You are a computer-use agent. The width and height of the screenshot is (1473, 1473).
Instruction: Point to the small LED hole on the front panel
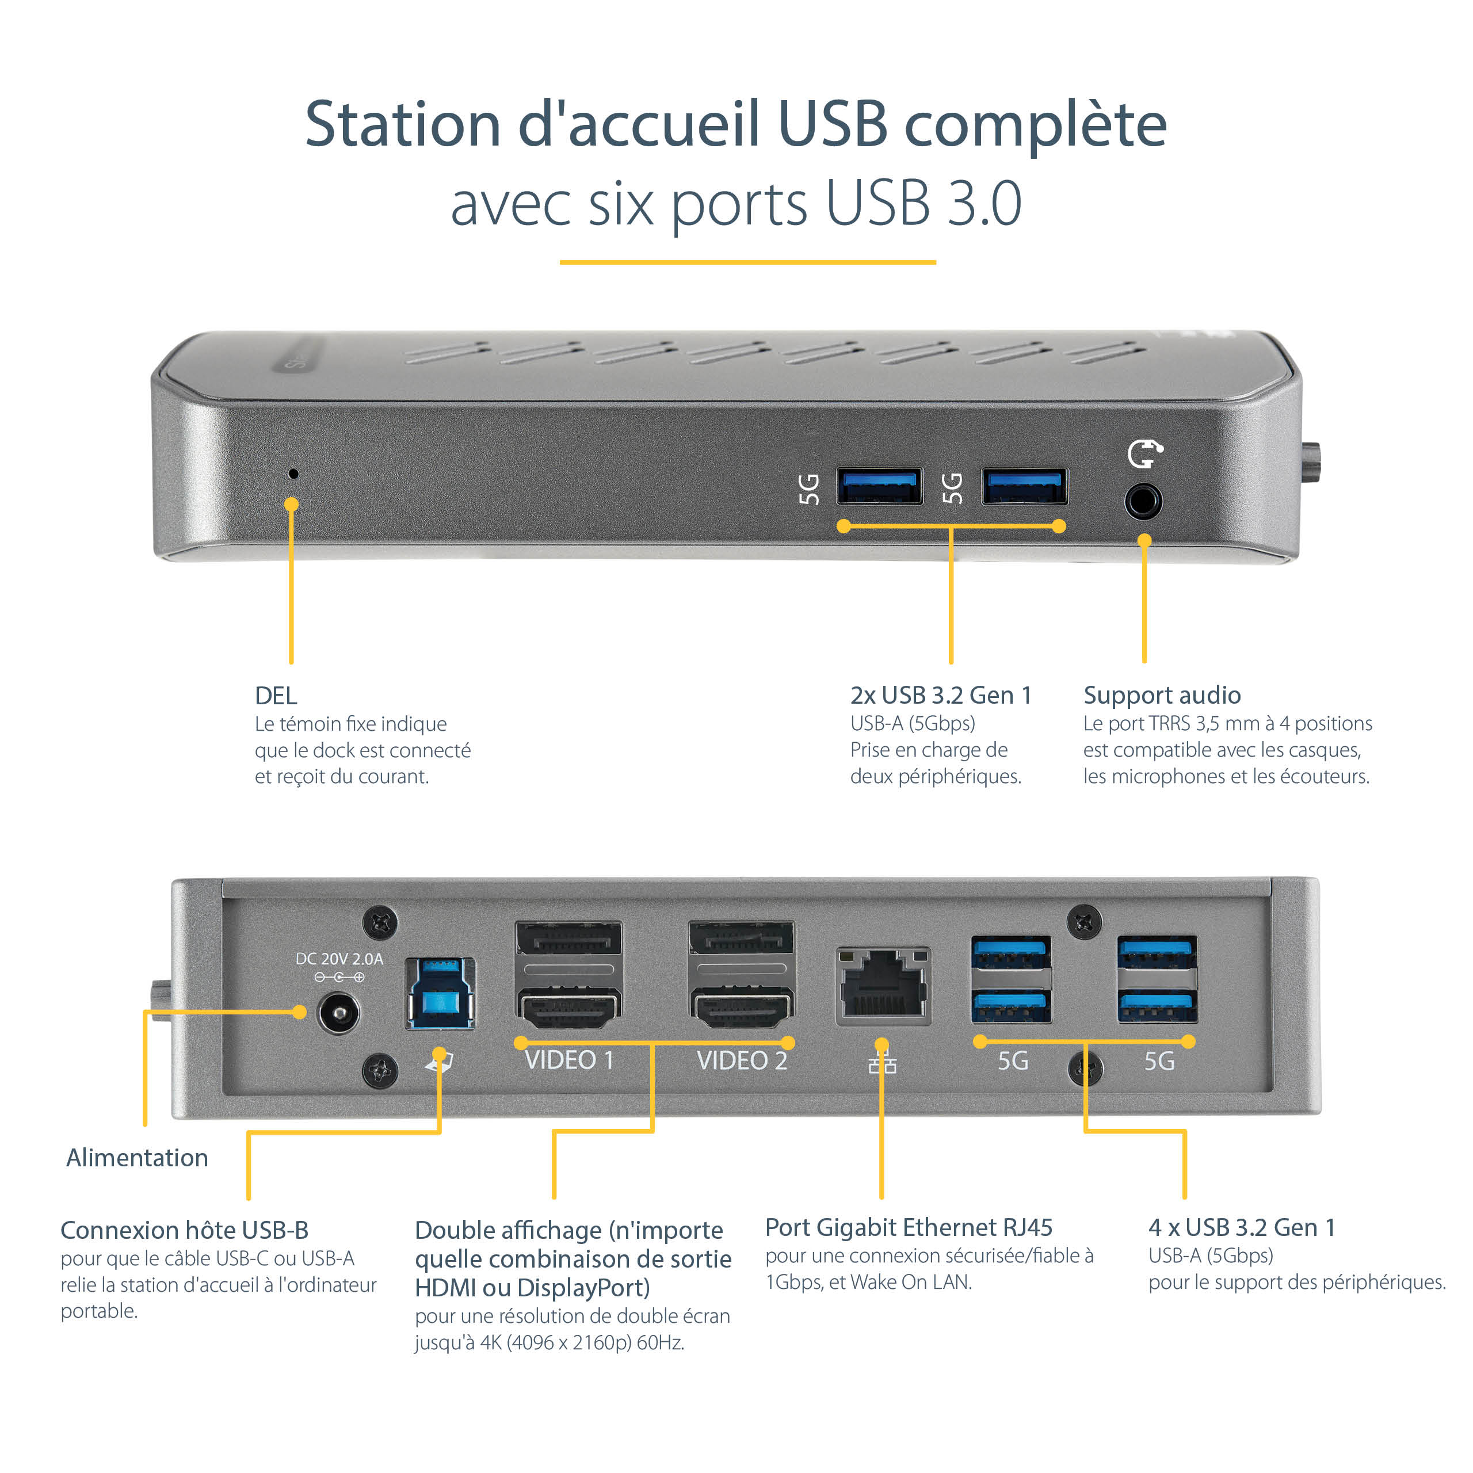tap(293, 474)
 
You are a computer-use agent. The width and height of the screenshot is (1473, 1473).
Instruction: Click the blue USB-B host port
tap(441, 994)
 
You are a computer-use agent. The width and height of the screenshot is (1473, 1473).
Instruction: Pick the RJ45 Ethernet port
tap(883, 986)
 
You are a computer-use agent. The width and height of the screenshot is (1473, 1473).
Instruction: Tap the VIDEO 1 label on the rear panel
tap(568, 1060)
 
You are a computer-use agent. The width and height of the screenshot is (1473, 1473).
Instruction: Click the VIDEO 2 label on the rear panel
tap(741, 1060)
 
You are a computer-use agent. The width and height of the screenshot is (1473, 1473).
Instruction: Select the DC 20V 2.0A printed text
tap(339, 959)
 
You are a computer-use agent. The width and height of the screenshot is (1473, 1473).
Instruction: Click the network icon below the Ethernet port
tap(882, 1062)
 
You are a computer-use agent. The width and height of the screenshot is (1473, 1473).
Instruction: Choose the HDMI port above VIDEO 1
tap(568, 1008)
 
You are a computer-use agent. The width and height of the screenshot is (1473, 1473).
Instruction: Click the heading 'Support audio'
tap(1161, 694)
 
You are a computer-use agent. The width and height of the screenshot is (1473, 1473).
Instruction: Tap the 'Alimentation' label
tap(138, 1157)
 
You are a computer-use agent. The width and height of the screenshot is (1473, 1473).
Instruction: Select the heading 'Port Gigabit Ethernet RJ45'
tap(908, 1227)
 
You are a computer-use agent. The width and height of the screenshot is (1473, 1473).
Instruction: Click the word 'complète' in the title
tap(1035, 124)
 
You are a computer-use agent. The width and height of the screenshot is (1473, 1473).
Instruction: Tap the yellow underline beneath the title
tap(747, 262)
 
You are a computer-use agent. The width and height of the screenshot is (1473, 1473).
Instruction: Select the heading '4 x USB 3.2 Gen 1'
tap(1241, 1227)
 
